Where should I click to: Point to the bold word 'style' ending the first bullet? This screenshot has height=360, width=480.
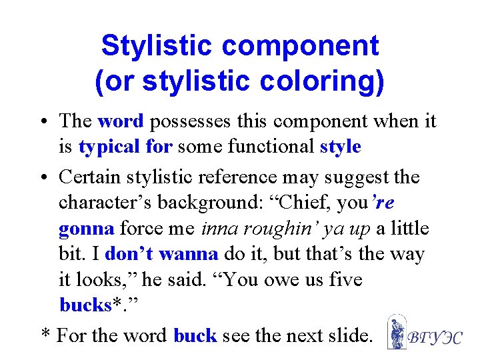[x=340, y=146]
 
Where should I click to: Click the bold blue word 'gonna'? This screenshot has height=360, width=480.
[x=86, y=229]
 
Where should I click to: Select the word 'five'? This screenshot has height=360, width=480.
[x=343, y=279]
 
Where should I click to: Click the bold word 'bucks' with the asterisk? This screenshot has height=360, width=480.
[x=85, y=305]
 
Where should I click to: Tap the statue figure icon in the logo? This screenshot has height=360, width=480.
[x=397, y=331]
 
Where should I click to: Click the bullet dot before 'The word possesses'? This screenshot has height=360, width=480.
[x=43, y=123]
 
